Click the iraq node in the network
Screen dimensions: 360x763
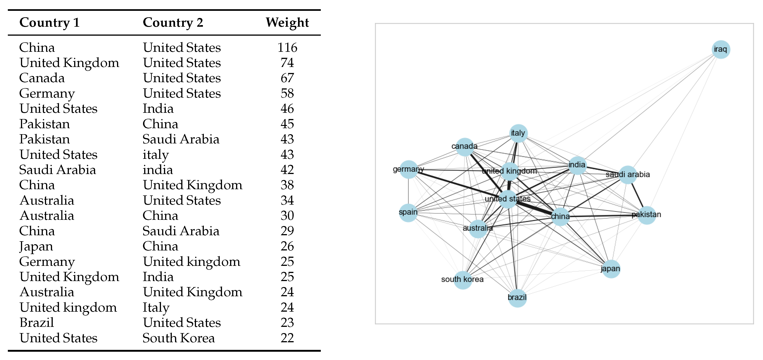coord(721,49)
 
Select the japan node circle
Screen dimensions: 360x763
coord(611,269)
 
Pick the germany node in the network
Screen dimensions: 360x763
coord(409,169)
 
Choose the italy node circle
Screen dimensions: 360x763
coord(518,133)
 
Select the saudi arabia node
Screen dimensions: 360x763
coord(627,175)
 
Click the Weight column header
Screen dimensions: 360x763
coord(287,23)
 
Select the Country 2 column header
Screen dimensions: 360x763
coord(173,23)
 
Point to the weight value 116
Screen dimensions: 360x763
coord(287,47)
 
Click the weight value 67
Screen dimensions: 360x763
coord(287,78)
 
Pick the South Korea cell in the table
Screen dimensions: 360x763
coord(179,338)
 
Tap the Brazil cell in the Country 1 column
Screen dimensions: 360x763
coord(37,322)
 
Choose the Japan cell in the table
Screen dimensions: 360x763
coord(36,246)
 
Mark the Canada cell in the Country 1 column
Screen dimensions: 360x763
coord(42,78)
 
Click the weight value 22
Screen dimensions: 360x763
coord(287,338)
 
